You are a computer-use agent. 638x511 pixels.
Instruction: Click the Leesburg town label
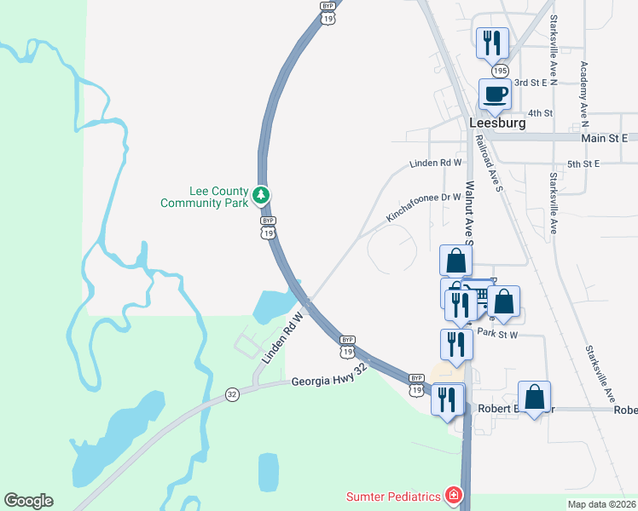(x=497, y=123)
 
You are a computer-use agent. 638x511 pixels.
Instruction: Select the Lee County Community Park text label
(x=205, y=198)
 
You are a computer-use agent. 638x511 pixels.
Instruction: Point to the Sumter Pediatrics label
(x=393, y=497)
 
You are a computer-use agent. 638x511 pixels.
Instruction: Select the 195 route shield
(x=500, y=70)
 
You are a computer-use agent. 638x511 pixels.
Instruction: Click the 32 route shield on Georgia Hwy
(x=232, y=394)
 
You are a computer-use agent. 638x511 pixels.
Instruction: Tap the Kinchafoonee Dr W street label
(x=423, y=207)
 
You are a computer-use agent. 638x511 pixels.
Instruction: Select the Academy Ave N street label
(x=584, y=89)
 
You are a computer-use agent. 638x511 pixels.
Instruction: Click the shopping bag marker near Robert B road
(x=534, y=397)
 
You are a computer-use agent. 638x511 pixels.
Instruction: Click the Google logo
(x=28, y=501)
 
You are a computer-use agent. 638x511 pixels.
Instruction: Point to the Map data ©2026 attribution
(x=601, y=504)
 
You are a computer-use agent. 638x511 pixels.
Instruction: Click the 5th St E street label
(x=584, y=163)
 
